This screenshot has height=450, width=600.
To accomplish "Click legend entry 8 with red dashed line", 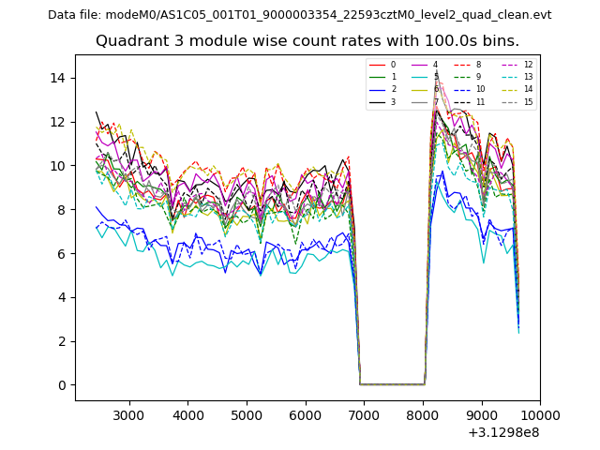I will coord(478,65).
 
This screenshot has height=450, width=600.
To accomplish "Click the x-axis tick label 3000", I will coord(128,415).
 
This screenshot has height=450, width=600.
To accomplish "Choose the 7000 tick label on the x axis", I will coord(364,415).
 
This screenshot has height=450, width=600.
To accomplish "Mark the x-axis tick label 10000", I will coord(540,415).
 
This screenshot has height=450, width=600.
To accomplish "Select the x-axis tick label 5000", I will coord(247,415).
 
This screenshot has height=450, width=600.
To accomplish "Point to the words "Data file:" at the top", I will coord(79,15).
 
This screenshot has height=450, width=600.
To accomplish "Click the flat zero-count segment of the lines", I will coord(392,384).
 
